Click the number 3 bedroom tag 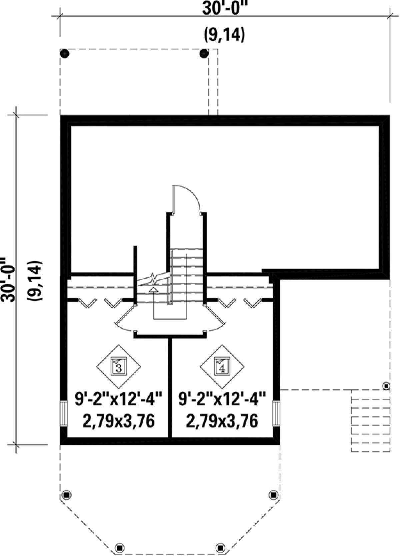119,367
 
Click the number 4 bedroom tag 222,367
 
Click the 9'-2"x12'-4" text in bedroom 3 119,401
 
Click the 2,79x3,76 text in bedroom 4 222,421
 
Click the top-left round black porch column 65,53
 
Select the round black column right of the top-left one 204,53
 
